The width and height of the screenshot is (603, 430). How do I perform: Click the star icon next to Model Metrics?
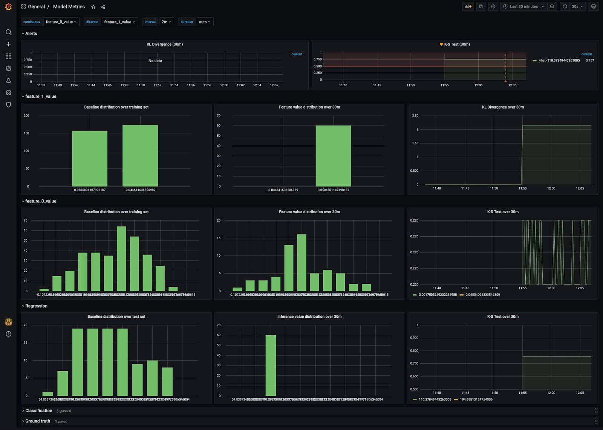click(93, 7)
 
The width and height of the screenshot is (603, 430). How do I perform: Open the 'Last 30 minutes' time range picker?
click(523, 6)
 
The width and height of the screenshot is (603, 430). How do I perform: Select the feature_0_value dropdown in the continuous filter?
click(61, 22)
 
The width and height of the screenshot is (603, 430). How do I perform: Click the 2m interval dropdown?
click(166, 22)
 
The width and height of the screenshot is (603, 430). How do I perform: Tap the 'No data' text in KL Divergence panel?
click(155, 61)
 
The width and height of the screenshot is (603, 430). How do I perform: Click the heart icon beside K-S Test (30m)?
click(441, 44)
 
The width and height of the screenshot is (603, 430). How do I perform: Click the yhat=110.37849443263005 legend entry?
click(559, 60)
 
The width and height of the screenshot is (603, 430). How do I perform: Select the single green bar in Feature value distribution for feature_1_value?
click(333, 156)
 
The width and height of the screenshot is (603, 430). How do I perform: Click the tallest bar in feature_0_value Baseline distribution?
click(121, 258)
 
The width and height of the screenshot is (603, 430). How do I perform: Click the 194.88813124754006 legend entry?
click(476, 399)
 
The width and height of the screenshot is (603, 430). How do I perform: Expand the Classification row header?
click(38, 411)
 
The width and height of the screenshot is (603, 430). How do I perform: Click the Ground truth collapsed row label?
click(37, 421)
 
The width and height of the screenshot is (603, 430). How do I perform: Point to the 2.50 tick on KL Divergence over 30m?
click(415, 116)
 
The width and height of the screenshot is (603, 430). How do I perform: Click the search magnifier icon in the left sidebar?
click(8, 32)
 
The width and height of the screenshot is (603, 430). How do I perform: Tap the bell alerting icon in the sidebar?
click(8, 81)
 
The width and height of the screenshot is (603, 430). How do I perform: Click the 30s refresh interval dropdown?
click(577, 6)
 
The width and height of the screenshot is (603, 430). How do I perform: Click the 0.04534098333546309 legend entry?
click(482, 295)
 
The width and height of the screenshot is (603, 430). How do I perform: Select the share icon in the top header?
click(103, 7)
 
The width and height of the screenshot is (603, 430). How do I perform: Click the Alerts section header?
click(31, 34)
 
